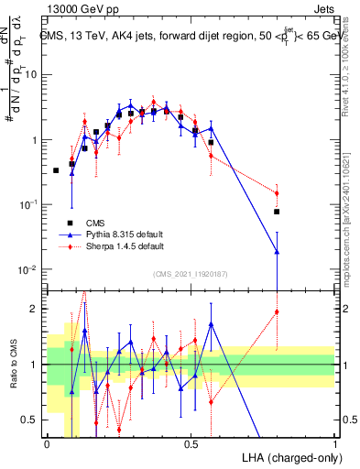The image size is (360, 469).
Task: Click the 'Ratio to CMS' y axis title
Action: [x=12, y=365]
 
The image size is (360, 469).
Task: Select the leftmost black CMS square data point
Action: [x=56, y=170]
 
